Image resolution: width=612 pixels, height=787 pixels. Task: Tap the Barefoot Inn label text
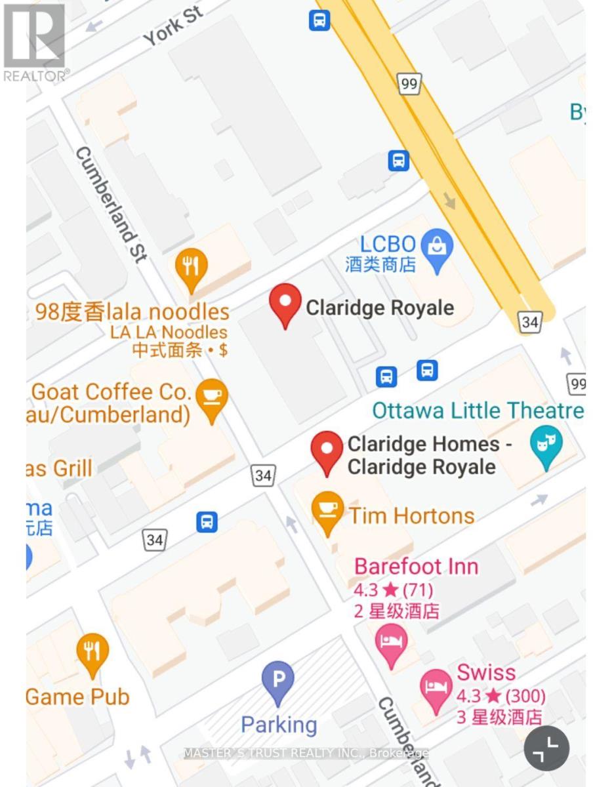click(417, 566)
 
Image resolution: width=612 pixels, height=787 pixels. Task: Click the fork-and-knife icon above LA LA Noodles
click(192, 268)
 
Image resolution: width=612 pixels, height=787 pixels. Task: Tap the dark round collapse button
click(546, 748)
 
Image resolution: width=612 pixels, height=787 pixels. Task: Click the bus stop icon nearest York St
click(319, 21)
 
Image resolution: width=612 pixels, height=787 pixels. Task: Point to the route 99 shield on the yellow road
click(409, 83)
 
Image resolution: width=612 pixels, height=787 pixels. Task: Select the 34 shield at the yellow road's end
click(530, 321)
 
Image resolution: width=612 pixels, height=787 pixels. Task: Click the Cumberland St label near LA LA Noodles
click(110, 204)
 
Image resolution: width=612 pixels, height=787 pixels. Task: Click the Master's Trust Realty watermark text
click(306, 753)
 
